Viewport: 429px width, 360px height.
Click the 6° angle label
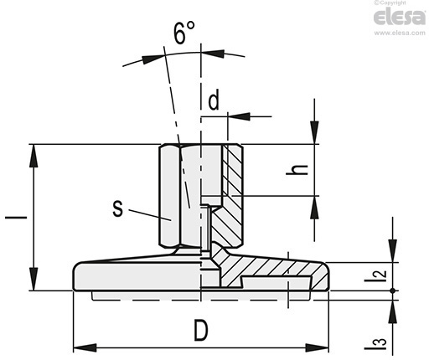184,33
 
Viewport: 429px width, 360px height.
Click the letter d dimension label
214,100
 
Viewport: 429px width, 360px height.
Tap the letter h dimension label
297,169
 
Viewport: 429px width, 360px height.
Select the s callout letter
117,208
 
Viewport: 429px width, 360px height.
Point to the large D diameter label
201,331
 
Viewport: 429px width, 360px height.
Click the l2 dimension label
376,276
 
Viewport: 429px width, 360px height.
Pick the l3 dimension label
376,344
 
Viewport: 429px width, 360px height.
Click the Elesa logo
400,17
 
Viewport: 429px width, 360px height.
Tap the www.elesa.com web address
400,33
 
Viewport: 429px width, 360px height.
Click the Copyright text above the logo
390,3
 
